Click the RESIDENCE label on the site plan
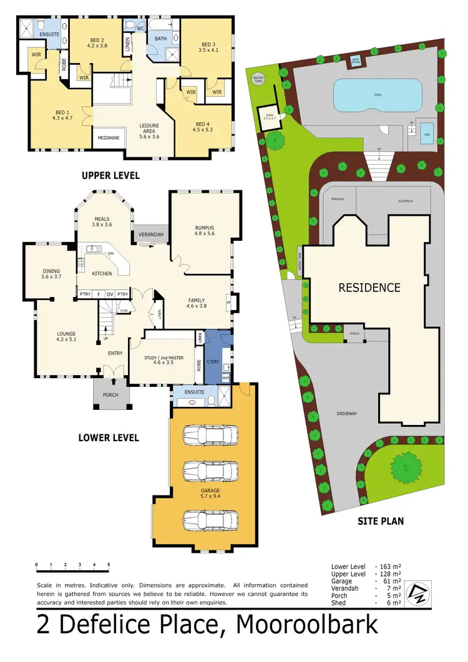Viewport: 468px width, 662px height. point(369,288)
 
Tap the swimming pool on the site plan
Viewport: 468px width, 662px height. point(377,94)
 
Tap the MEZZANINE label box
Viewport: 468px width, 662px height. point(109,137)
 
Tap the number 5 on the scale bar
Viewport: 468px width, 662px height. point(109,564)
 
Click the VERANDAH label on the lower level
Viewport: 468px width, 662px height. point(151,235)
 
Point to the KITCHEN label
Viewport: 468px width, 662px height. point(102,273)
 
